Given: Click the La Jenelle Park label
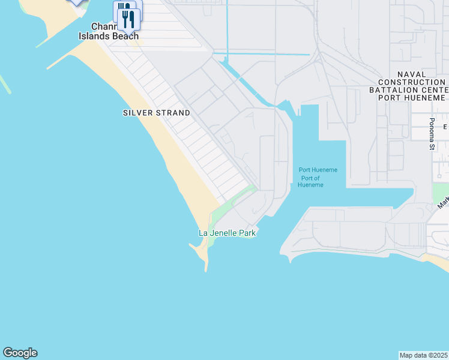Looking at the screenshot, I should tap(227, 233).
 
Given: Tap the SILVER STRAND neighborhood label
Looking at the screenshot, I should tap(156, 113).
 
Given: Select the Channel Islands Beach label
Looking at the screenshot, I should tap(109, 32).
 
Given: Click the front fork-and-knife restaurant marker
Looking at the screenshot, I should tap(129, 19).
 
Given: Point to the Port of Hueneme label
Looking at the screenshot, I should tap(310, 181).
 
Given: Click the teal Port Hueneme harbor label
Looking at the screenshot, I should tap(318, 170).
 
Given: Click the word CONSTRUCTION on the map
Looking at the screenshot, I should tap(411, 82).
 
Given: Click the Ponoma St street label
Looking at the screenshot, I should tap(431, 134).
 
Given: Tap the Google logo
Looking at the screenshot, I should tap(20, 353).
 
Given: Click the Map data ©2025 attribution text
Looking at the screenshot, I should tap(424, 355).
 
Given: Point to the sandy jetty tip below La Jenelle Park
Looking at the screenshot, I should tap(206, 264).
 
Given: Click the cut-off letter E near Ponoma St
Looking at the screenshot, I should tap(445, 127).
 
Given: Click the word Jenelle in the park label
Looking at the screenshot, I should tap(223, 233).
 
